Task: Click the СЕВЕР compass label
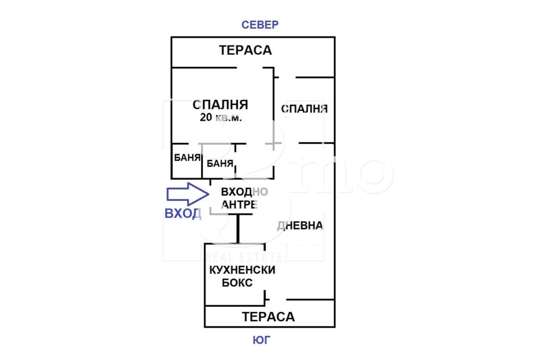click(x=260, y=25)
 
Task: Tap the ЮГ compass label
click(x=262, y=340)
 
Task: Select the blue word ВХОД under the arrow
click(x=183, y=213)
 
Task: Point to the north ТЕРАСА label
click(x=246, y=50)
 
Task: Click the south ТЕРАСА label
click(x=268, y=316)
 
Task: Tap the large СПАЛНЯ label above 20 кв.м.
click(x=220, y=105)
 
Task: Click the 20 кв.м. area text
click(x=221, y=118)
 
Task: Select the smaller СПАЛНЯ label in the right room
click(x=304, y=109)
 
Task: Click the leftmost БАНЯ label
click(x=187, y=158)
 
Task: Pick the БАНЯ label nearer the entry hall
click(x=220, y=163)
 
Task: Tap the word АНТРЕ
click(x=239, y=205)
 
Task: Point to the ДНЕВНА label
click(x=300, y=225)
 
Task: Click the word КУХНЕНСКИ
click(x=242, y=270)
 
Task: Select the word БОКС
click(x=237, y=283)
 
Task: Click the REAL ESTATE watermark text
click(x=244, y=256)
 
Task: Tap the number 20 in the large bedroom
click(x=206, y=118)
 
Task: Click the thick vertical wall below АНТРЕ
click(x=238, y=228)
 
